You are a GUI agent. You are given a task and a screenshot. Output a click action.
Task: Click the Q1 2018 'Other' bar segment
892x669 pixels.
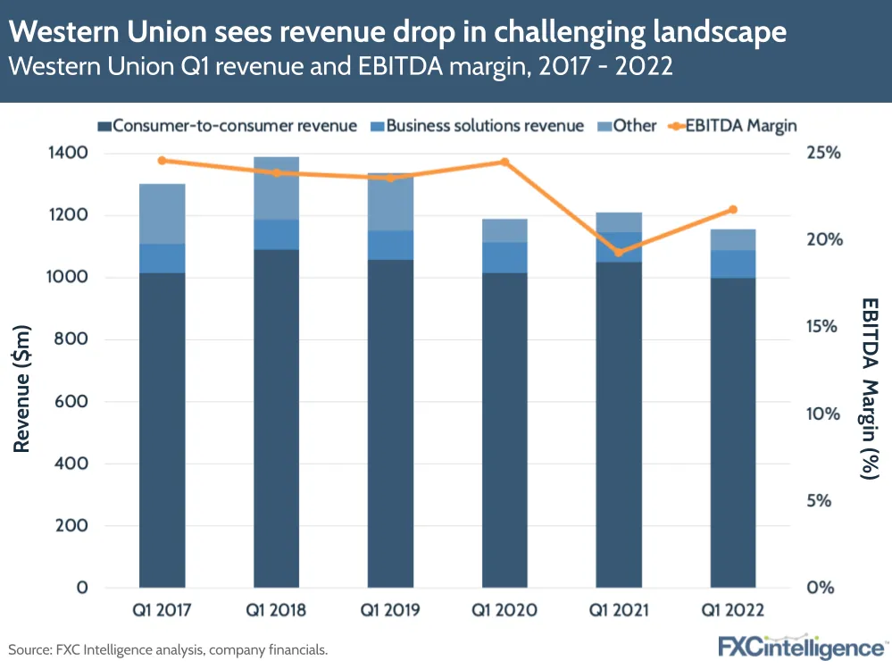[276, 188]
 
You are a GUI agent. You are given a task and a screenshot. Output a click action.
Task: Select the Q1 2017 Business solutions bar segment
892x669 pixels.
[162, 258]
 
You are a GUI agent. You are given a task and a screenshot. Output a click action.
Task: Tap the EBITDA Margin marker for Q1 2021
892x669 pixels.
[618, 252]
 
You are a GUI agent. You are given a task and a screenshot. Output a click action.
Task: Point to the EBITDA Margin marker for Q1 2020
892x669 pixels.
[504, 163]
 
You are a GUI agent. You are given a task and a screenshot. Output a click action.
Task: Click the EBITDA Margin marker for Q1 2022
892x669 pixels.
[733, 210]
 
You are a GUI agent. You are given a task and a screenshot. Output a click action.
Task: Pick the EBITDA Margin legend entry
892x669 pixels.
[731, 126]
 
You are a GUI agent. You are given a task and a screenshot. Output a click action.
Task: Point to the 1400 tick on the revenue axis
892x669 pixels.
[69, 153]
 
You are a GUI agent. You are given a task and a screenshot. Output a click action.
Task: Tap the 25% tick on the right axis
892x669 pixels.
[827, 153]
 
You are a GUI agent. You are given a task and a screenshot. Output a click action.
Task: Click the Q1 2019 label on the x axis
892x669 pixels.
[390, 611]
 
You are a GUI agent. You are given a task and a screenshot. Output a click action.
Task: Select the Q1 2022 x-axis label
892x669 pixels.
[733, 611]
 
